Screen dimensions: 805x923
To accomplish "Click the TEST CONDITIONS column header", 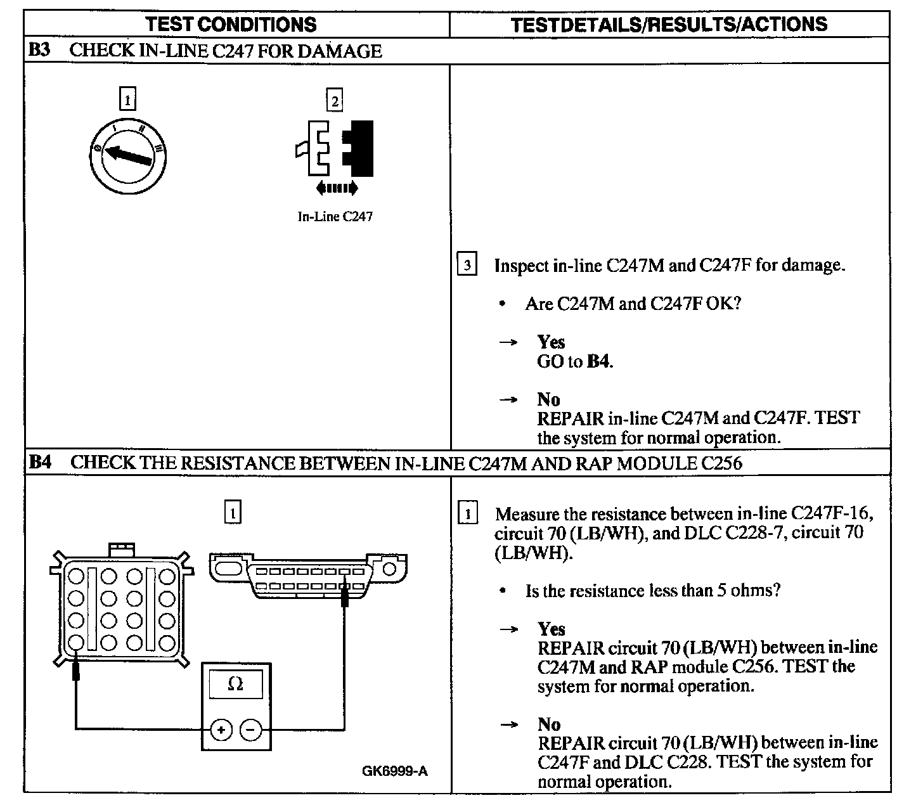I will [x=231, y=25].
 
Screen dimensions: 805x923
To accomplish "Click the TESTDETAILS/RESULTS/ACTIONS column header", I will [x=669, y=25].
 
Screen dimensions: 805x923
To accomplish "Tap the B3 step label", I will [x=39, y=51].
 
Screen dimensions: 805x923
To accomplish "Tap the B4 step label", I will [x=41, y=462].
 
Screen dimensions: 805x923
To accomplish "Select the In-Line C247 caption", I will [x=335, y=217].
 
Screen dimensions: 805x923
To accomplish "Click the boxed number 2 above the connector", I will [x=334, y=101].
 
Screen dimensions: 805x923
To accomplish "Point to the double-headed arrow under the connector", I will [x=337, y=188].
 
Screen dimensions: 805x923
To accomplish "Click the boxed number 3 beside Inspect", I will [x=467, y=265].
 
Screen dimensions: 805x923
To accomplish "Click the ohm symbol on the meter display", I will [x=235, y=684].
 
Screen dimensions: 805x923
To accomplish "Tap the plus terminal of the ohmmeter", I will [x=221, y=730].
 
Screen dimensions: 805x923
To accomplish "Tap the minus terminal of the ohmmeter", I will [x=251, y=730].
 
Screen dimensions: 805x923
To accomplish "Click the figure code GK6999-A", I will [x=395, y=771].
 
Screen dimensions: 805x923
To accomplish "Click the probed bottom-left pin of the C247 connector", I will [x=75, y=642].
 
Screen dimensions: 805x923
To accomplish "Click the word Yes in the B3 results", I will [x=551, y=342].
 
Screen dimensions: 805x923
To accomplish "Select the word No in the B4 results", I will [x=549, y=724].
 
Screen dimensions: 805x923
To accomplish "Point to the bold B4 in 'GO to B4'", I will [x=598, y=362].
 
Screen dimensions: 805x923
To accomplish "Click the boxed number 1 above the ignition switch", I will [x=128, y=100].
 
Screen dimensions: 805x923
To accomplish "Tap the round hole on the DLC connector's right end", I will [x=389, y=569].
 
